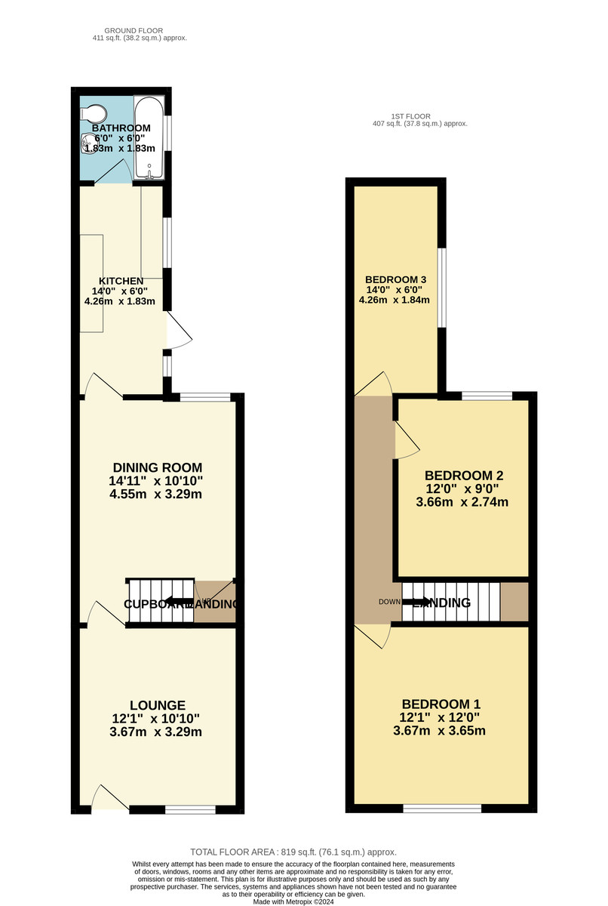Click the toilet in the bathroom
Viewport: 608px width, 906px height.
[x=94, y=113]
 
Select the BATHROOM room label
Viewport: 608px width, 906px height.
[x=121, y=128]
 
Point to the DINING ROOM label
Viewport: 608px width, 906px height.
[x=157, y=467]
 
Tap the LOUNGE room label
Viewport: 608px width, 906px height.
[x=157, y=705]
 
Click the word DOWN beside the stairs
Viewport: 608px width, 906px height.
[x=389, y=602]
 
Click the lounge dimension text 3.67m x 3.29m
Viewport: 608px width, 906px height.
[x=157, y=732]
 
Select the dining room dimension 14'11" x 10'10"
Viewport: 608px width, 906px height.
[x=157, y=481]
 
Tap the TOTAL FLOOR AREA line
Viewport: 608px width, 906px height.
[x=293, y=851]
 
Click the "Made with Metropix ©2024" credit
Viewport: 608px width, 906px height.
[x=295, y=901]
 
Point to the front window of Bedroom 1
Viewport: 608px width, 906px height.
[x=442, y=809]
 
